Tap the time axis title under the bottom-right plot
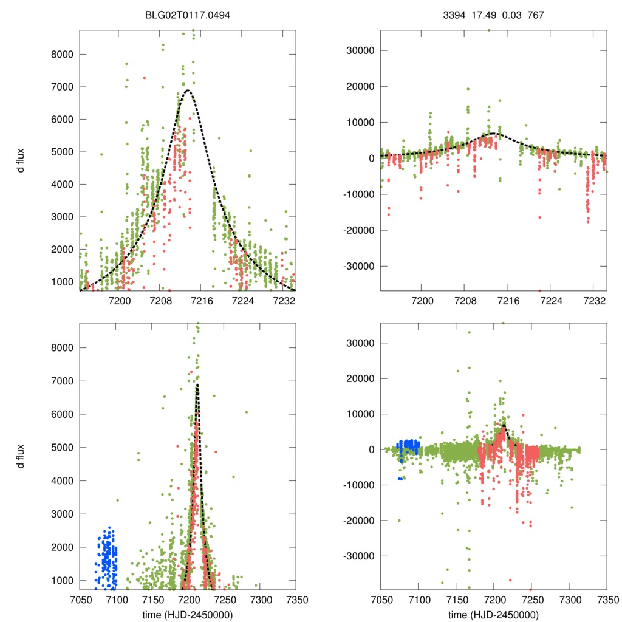click(493, 614)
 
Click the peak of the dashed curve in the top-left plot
click(188, 91)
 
